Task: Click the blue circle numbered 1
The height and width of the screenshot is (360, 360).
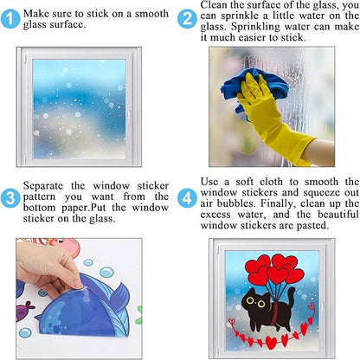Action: click(x=10, y=19)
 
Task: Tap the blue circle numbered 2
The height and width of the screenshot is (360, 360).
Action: click(x=187, y=19)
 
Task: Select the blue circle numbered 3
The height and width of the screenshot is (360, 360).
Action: click(x=10, y=198)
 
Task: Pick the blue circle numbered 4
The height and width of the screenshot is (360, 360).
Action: click(x=187, y=198)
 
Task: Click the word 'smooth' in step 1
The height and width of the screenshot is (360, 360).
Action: click(x=151, y=14)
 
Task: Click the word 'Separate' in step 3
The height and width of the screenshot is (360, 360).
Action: click(x=43, y=186)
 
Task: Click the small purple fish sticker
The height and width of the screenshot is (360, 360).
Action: click(x=24, y=311)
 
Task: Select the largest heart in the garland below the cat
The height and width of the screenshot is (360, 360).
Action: click(x=271, y=343)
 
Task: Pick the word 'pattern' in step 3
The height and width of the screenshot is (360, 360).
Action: click(x=39, y=197)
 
